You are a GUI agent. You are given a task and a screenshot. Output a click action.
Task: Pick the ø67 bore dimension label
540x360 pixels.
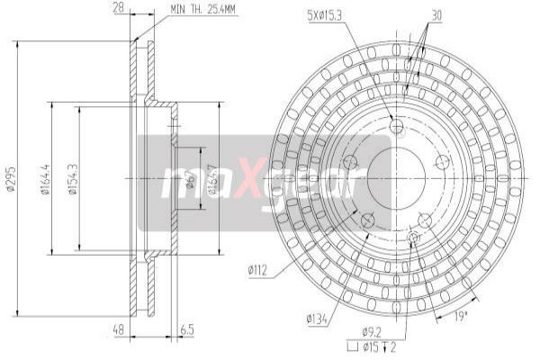(190, 179)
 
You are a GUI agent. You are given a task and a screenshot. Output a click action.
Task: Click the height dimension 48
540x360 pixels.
(118, 331)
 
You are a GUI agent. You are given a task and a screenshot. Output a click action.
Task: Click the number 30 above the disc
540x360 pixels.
(436, 15)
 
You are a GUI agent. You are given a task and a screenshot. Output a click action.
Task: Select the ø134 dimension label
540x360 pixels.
(316, 318)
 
